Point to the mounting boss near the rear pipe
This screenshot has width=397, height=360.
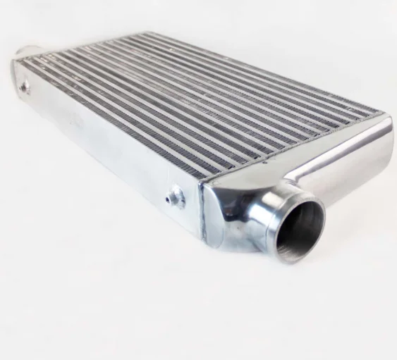(x=25, y=86)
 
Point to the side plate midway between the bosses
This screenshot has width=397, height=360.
(x=99, y=141)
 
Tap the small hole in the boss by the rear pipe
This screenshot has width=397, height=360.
(x=25, y=86)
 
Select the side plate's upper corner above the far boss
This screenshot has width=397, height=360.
(x=16, y=63)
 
